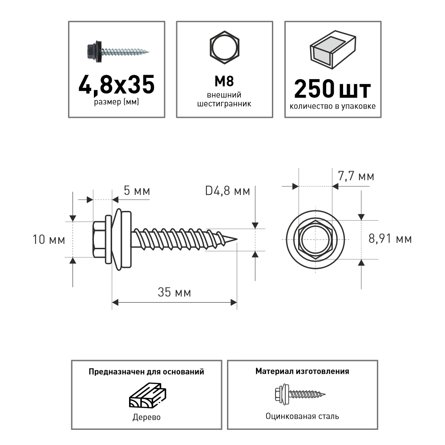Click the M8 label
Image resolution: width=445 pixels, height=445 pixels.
(224, 81)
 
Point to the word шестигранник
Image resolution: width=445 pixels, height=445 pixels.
(224, 104)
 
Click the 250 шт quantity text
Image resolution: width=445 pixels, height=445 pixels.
(332, 89)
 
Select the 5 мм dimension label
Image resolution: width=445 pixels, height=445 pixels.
(136, 192)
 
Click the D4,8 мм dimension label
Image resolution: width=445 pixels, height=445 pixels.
(227, 192)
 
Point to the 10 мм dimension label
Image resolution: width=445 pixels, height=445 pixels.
(49, 240)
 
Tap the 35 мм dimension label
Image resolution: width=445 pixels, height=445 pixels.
(174, 292)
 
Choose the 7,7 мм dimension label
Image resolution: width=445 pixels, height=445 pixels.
(356, 177)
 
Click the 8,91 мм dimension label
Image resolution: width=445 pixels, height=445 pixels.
(390, 239)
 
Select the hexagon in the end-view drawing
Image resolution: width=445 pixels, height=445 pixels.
(316, 239)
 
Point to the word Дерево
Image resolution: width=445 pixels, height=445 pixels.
(146, 418)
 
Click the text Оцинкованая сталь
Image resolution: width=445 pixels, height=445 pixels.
(302, 417)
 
